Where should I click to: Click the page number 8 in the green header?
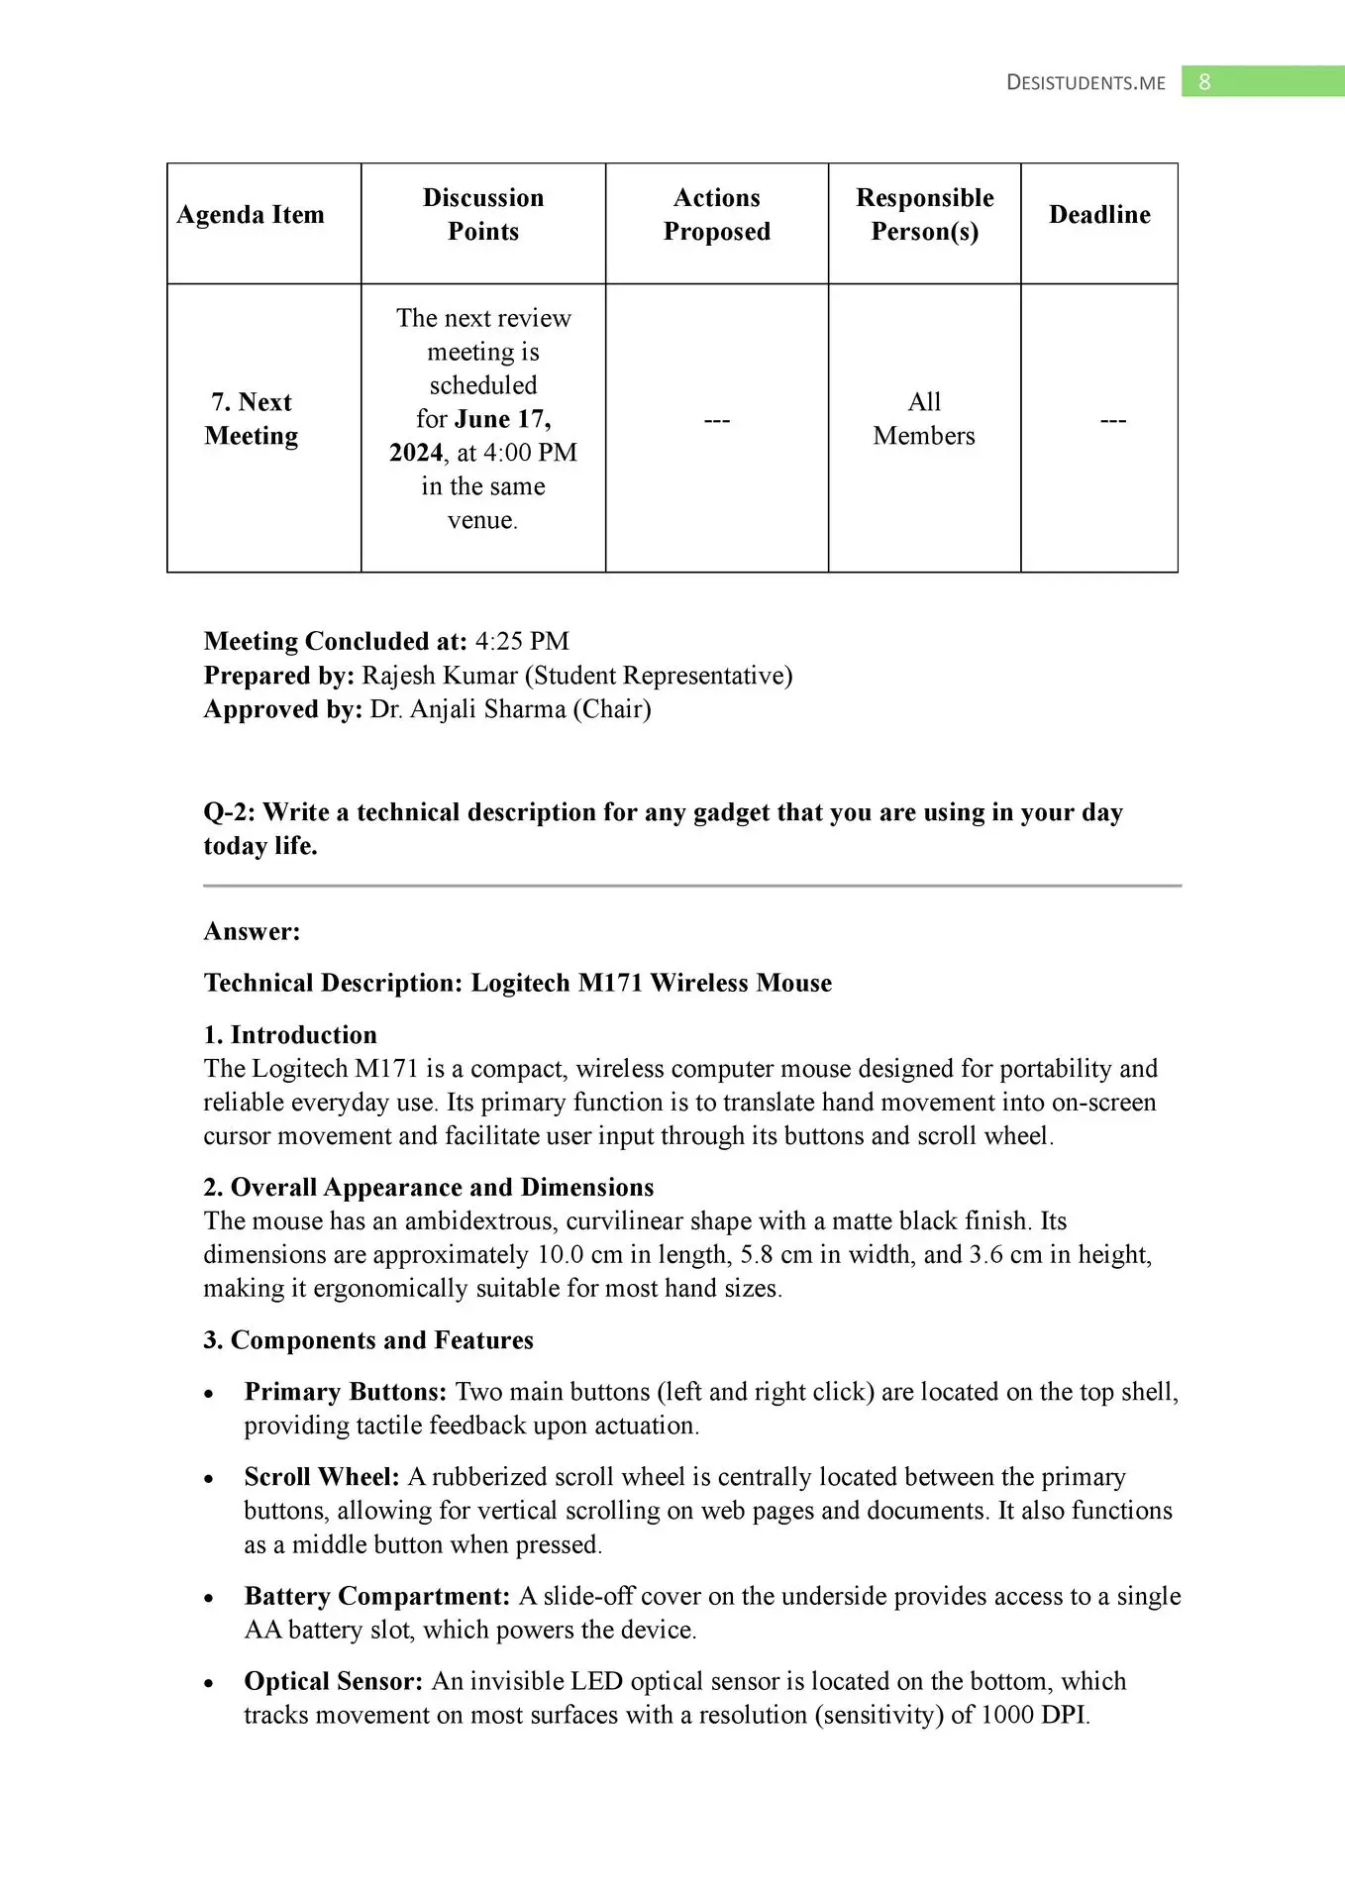1204,82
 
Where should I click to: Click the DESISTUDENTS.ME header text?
1086,83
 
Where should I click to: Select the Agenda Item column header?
251,215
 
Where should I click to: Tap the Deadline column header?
1099,215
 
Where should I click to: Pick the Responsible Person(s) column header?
924,215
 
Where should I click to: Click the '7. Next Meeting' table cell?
252,419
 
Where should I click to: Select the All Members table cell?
924,419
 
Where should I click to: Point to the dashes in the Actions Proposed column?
716,421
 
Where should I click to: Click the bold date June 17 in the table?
502,419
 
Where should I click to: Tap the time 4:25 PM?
522,642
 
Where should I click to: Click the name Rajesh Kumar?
439,676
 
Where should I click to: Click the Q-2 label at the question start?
229,812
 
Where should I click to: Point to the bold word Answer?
252,931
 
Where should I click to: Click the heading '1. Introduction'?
290,1035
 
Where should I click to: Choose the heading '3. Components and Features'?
368,1340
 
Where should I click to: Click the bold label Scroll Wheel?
322,1477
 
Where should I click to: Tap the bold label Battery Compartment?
377,1596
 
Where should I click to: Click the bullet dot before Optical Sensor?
209,1683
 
